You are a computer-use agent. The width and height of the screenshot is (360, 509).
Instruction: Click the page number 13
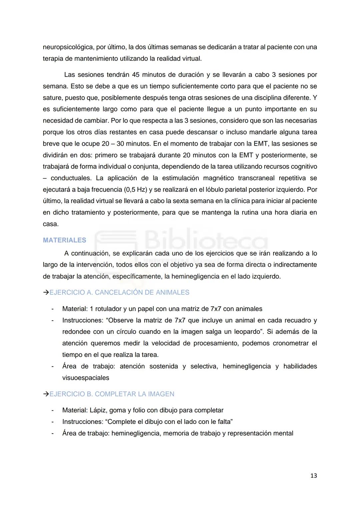click(313, 476)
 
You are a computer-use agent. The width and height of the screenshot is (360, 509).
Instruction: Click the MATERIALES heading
click(64, 240)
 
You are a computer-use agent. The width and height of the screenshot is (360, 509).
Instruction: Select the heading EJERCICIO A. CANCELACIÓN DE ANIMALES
click(119, 292)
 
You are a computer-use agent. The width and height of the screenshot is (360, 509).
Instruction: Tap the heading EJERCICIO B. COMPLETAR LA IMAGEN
click(112, 394)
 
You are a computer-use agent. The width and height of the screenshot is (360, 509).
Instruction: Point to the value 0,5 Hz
click(135, 189)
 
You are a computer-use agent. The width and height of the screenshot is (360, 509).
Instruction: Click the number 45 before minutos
click(136, 75)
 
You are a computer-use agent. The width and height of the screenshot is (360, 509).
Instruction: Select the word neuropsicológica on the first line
click(68, 47)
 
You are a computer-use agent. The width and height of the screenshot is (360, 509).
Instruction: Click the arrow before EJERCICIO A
click(46, 292)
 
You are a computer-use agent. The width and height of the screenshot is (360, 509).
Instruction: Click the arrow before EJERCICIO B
click(46, 394)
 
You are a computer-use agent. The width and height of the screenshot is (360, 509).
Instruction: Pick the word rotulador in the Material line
click(110, 309)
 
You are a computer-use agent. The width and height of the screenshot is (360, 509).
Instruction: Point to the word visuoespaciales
click(86, 378)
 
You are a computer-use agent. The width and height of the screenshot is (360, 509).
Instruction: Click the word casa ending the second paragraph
click(50, 224)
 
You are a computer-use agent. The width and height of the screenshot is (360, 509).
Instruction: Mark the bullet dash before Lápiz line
click(52, 410)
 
